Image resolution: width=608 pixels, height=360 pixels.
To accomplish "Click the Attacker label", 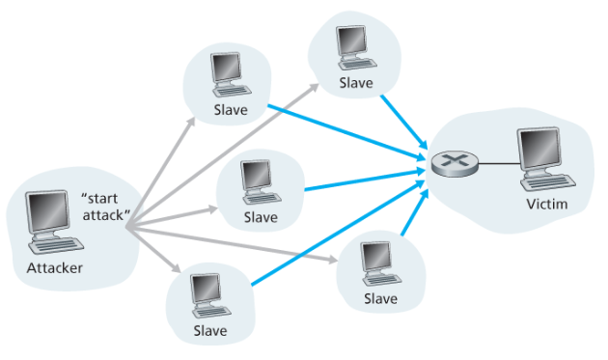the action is (55, 268).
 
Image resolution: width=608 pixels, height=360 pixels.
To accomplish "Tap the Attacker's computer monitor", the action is (48, 211).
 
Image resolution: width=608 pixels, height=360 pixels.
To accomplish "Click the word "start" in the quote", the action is (99, 199).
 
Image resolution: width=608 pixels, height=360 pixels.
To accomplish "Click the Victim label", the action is (547, 204).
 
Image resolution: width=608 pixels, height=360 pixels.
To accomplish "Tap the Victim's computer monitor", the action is (539, 150).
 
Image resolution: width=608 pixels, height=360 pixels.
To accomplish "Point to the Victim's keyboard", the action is (548, 182).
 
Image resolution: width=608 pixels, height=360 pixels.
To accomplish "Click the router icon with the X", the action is (455, 163).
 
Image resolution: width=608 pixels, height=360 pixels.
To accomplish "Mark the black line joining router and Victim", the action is (499, 164).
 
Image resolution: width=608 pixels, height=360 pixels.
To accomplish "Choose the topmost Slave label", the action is (356, 83).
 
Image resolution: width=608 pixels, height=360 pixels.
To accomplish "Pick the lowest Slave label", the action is (210, 330).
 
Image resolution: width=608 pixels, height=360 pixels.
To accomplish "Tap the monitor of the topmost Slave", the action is (351, 42).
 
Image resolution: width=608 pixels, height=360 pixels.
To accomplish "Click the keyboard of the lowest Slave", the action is (212, 311).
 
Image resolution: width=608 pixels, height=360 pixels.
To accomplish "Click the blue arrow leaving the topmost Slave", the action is (404, 121).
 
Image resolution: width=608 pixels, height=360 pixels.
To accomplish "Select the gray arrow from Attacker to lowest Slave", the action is (153, 249).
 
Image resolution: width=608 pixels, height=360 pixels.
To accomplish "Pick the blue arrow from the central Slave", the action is (365, 180).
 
